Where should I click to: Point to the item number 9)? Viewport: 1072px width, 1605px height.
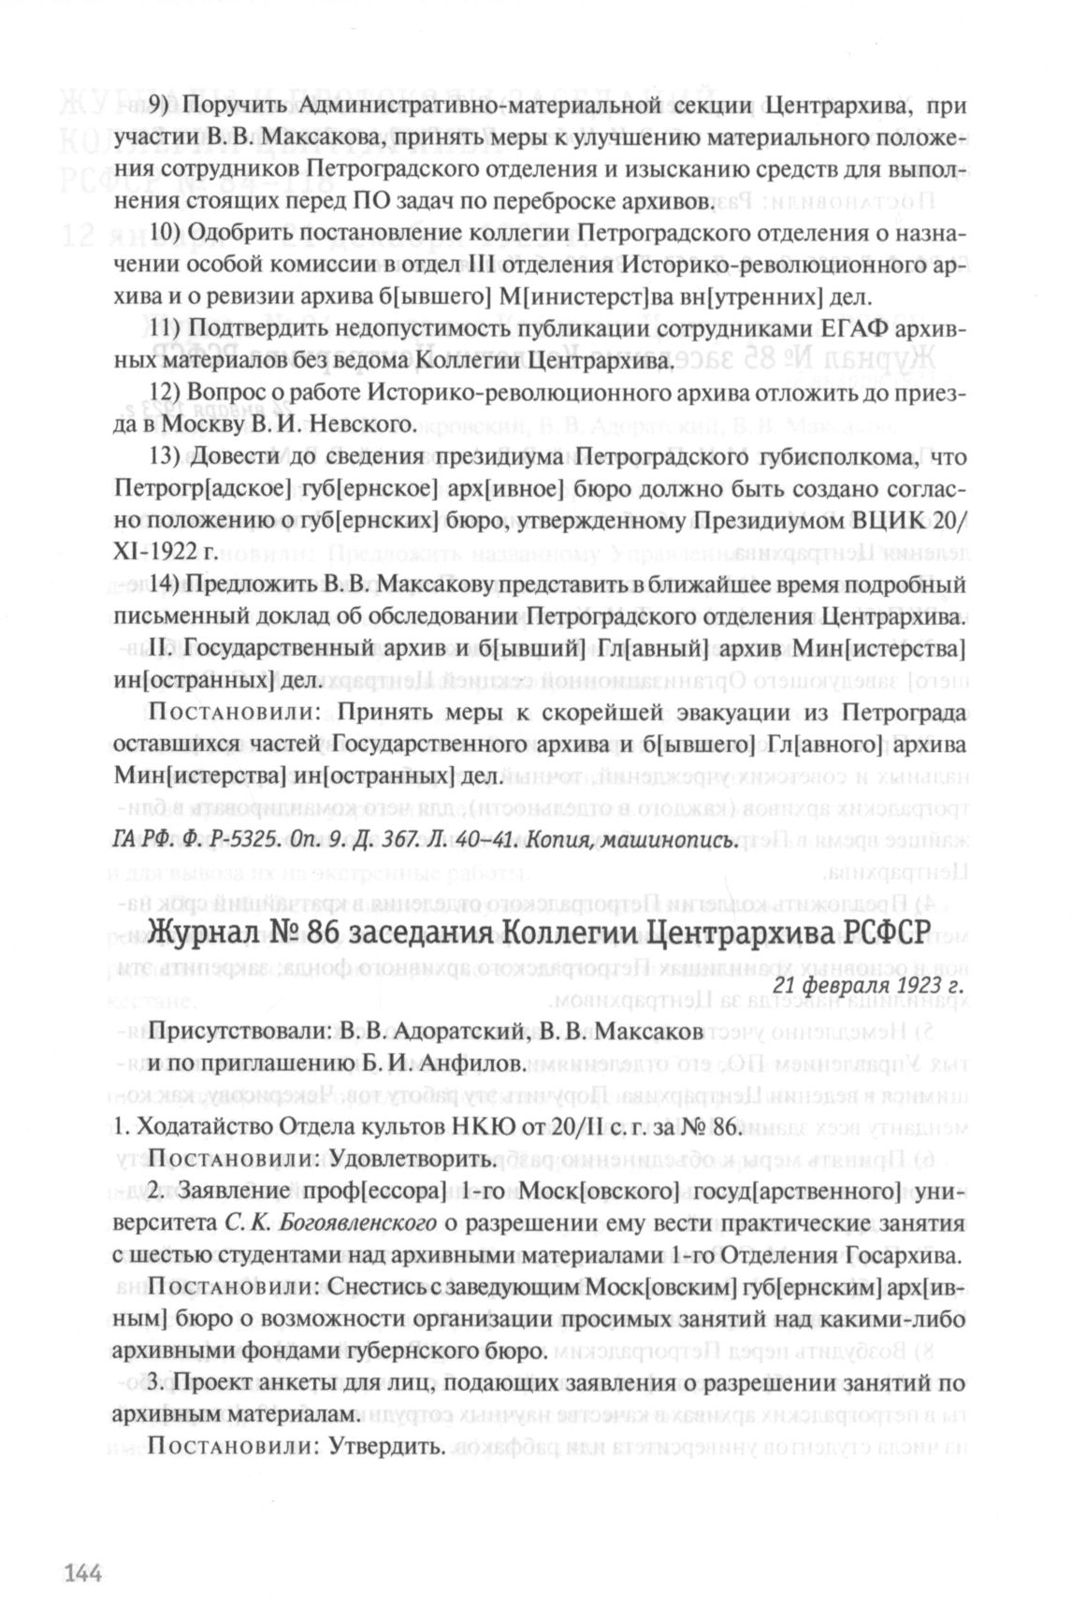(x=163, y=106)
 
